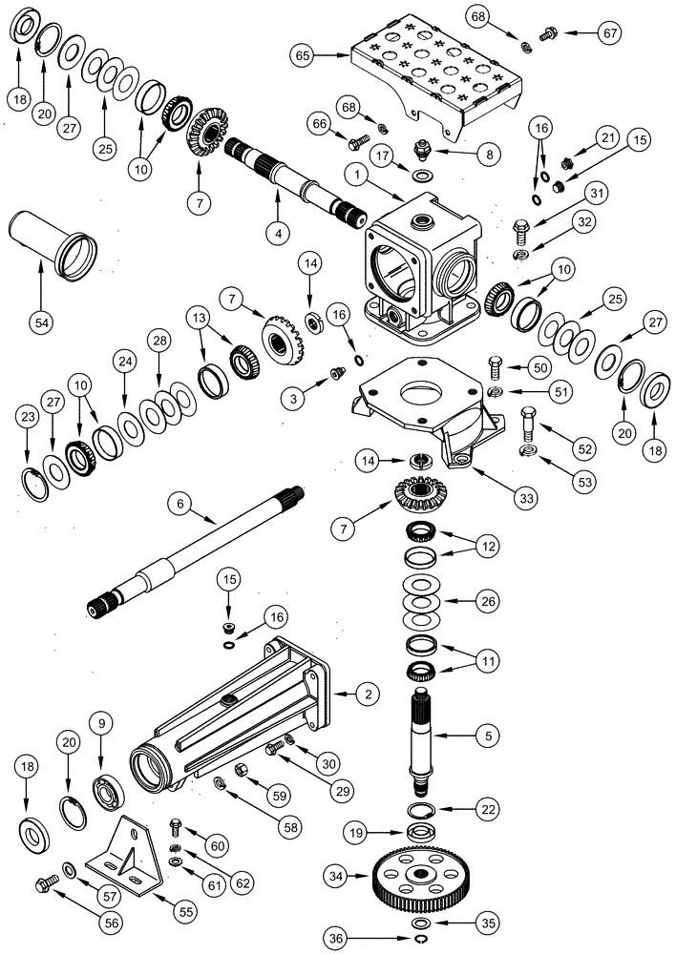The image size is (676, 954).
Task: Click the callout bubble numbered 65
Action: point(303,56)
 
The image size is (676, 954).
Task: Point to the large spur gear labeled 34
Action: point(420,883)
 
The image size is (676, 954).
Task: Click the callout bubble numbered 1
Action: point(355,175)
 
